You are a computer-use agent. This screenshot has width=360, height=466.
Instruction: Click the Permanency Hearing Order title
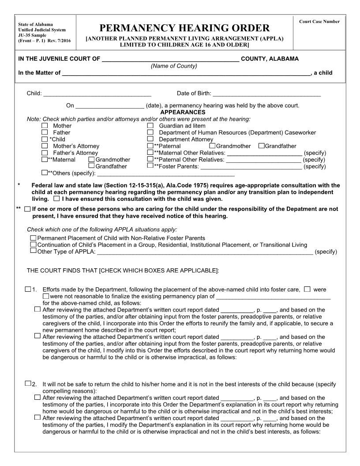pos(184,29)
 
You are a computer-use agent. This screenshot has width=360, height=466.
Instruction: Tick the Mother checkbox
pos(44,126)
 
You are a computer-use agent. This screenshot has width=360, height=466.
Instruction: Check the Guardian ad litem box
pos(150,126)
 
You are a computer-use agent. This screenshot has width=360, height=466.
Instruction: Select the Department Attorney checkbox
pos(150,139)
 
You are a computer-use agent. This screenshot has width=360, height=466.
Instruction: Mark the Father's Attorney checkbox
pos(44,153)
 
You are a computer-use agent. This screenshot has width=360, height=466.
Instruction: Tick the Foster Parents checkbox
pos(150,166)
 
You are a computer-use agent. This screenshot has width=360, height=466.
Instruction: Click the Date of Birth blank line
pos(266,94)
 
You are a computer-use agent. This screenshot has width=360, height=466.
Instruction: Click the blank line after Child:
pos(97,94)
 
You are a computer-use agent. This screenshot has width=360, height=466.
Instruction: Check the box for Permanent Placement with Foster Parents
pos(33,238)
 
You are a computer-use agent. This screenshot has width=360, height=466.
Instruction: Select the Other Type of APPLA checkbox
pos(33,251)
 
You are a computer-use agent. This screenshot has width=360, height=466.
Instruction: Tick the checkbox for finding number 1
pos(28,289)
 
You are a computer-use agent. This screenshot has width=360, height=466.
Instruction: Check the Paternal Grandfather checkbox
pos(262,146)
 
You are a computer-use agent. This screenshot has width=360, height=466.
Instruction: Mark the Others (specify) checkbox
pos(44,173)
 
